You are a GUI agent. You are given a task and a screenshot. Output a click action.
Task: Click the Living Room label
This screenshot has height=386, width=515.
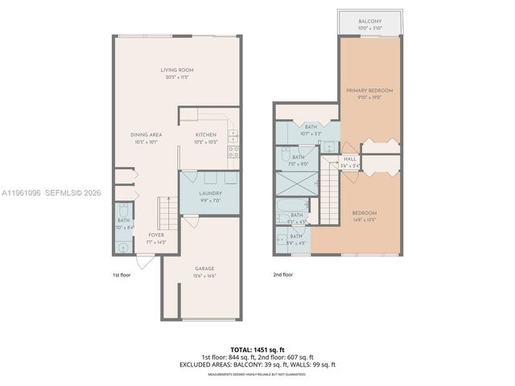(x=177, y=70)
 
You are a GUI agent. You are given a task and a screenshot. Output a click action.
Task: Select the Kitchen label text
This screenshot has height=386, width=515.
(x=206, y=134)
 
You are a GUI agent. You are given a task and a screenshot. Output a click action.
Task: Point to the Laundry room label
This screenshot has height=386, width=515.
(x=210, y=193)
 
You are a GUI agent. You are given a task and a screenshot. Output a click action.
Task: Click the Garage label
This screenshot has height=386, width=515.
(x=204, y=269)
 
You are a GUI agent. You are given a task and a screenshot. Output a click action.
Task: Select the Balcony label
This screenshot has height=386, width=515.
(x=369, y=23)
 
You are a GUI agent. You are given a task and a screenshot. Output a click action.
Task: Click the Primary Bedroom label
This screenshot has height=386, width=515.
(x=369, y=91)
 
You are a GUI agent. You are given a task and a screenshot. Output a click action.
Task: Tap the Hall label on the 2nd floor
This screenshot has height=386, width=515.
(x=351, y=159)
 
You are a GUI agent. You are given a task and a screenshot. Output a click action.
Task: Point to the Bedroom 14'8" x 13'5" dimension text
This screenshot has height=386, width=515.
(x=365, y=220)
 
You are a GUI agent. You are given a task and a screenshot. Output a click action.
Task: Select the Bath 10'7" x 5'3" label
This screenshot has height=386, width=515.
(x=310, y=127)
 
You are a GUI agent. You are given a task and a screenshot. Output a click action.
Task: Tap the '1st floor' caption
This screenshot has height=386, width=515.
(x=121, y=275)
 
